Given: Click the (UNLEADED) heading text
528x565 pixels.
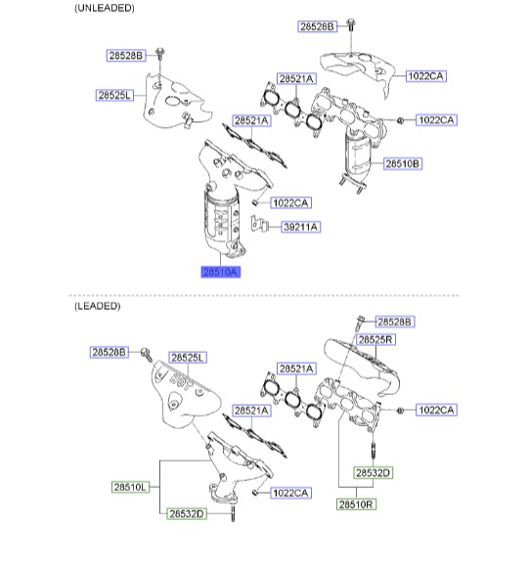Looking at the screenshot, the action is point(105,8).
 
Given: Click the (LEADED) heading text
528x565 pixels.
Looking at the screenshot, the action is point(98,306).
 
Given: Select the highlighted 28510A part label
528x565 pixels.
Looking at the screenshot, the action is point(221,272).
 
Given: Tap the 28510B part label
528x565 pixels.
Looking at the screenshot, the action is point(403,163).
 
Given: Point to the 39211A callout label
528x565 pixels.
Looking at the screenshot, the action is point(301,227).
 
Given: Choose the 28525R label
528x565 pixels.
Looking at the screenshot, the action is point(375,339).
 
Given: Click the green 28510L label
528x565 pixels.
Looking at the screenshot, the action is point(130,487).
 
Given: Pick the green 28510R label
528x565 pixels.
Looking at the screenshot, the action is point(356,504).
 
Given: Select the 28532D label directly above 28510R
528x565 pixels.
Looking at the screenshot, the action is point(374,473).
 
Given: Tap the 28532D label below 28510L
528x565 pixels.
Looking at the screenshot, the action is point(187,514).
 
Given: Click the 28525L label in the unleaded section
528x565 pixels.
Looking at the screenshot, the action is point(114,95).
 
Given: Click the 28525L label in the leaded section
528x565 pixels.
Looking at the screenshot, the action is point(188,358).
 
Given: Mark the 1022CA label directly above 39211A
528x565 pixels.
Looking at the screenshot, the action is point(290,203).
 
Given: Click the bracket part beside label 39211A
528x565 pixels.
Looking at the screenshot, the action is point(259,224).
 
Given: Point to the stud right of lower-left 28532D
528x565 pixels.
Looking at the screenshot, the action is point(233,513).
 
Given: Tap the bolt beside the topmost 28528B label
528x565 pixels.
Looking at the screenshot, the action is point(351,24).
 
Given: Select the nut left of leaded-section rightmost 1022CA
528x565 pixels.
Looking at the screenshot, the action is point(400,411).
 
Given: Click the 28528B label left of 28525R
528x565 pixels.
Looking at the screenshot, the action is point(110,352).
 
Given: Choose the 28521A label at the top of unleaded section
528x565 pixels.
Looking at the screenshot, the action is point(296,78).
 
